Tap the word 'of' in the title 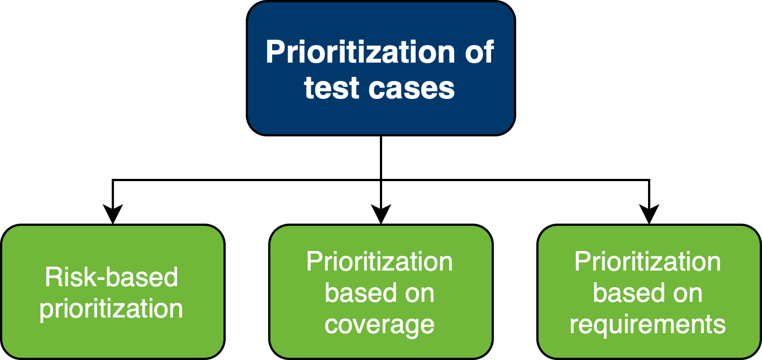[x=479, y=52]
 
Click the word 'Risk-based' [x=112, y=277]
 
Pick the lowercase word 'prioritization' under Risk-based [x=112, y=309]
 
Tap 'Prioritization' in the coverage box [x=380, y=262]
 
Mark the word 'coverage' [x=380, y=324]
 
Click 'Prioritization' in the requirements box [x=648, y=262]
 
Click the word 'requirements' [x=648, y=324]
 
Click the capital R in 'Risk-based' [x=52, y=277]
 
